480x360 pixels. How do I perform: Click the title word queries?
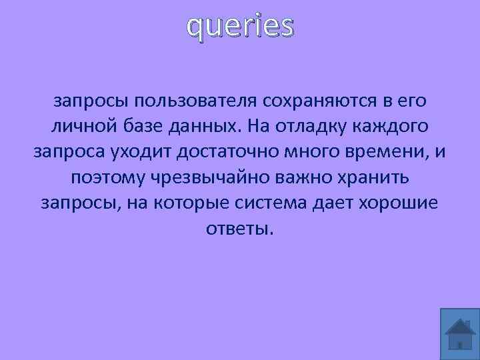point(240,27)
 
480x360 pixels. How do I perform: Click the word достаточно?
point(233,153)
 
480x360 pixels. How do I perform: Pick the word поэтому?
point(107,178)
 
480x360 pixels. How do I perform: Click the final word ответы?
point(239,229)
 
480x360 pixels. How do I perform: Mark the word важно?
point(305,178)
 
